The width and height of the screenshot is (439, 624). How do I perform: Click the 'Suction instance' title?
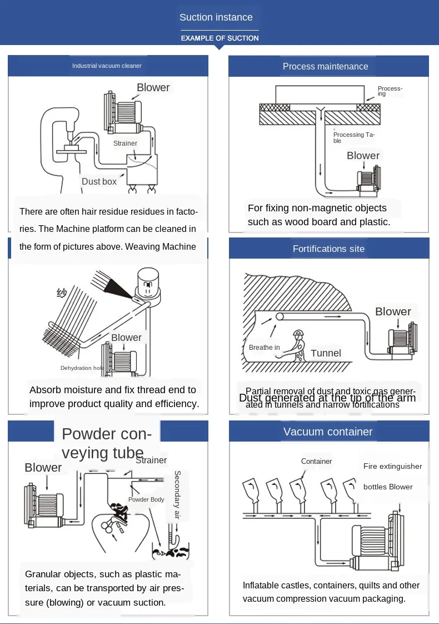216,17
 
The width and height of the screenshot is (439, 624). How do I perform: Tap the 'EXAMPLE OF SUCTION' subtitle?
219,38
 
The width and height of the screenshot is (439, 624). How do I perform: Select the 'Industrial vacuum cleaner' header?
107,66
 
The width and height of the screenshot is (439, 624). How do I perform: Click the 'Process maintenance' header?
325,66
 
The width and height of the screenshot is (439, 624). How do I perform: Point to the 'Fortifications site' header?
328,249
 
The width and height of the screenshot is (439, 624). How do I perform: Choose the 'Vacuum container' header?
328,432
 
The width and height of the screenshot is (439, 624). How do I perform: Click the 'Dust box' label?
99,181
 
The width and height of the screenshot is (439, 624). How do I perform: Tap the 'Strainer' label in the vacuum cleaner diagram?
125,143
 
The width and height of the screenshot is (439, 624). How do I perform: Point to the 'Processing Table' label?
353,137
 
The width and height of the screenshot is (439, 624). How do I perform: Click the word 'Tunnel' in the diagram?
326,353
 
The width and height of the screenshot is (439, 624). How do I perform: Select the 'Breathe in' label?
265,348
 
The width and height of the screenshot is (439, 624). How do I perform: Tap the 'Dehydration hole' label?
82,368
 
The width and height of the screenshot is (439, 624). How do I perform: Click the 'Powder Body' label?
146,499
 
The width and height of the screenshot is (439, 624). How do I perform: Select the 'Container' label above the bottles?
316,461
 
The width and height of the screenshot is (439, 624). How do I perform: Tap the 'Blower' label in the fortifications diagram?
393,311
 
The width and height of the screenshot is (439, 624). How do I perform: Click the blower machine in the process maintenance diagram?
367,182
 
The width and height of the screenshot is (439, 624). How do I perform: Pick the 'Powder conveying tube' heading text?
103,443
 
